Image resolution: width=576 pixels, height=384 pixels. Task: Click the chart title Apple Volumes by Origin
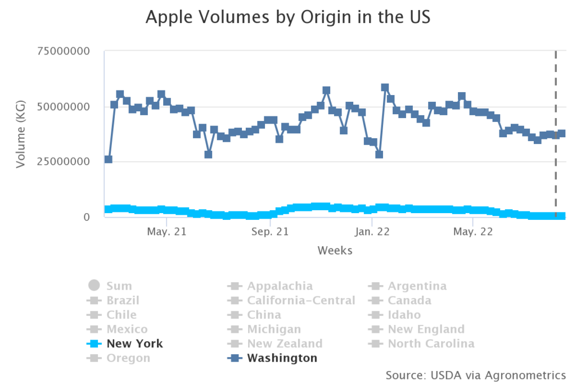click(287, 17)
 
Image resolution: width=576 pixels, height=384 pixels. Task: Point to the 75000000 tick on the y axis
click(64, 51)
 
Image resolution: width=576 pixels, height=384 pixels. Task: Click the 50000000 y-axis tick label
click(64, 106)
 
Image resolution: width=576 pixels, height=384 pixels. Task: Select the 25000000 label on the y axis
click(64, 161)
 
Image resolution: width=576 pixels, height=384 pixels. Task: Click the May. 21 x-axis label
click(167, 231)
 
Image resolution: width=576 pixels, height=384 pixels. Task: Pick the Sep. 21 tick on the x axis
click(269, 231)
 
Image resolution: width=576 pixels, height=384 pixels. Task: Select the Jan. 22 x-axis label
click(372, 231)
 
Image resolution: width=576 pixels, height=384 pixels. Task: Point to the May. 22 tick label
click(472, 231)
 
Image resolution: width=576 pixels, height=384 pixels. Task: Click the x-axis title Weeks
click(335, 250)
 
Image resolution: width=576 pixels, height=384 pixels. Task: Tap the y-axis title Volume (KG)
click(21, 134)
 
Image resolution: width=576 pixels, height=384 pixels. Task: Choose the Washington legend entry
click(282, 358)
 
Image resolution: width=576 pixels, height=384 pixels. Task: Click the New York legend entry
click(134, 344)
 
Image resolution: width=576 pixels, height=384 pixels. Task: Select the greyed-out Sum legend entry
click(119, 286)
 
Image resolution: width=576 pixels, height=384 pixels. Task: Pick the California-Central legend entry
click(301, 300)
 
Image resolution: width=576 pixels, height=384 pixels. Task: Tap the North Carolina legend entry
click(430, 344)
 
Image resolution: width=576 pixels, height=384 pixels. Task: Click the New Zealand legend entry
click(285, 344)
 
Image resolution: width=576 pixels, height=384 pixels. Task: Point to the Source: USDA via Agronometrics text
click(475, 374)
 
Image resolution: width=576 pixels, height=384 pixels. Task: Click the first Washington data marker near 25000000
click(109, 160)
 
